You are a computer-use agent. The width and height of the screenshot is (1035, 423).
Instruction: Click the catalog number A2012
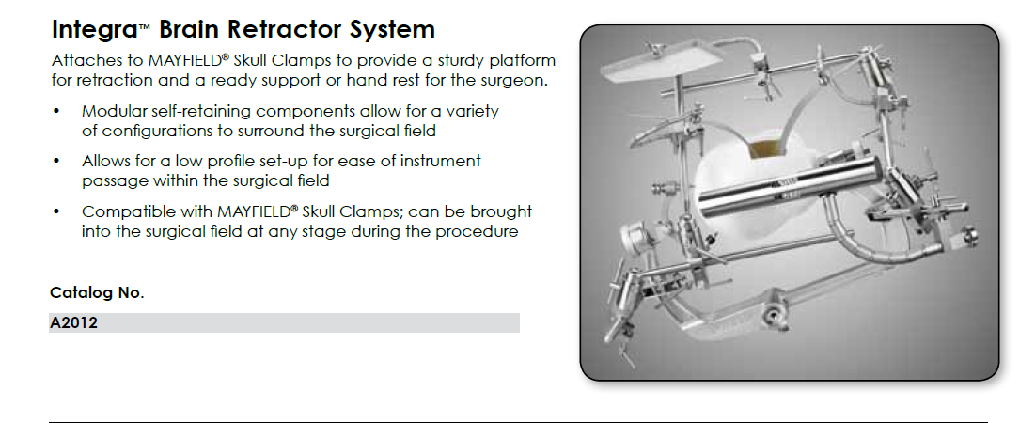point(73,323)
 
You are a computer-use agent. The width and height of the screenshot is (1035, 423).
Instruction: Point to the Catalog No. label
point(97,293)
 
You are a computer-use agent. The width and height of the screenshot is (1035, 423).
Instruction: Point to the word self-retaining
point(198,112)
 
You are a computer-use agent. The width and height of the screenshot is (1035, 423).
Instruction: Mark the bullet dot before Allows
point(56,161)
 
